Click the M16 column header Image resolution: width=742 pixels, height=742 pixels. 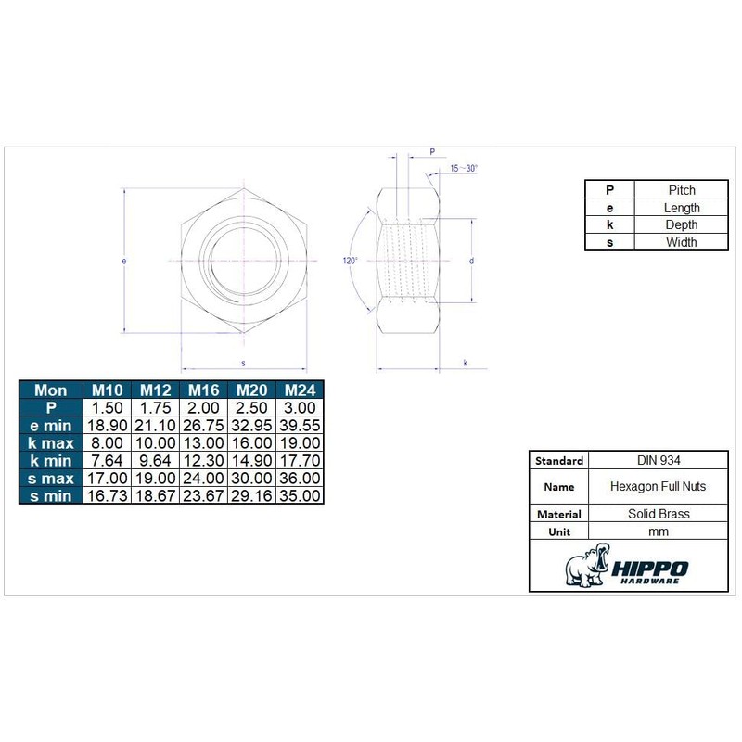(x=203, y=390)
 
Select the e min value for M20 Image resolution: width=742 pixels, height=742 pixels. (x=251, y=426)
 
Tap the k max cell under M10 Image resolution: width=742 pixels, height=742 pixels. (x=107, y=443)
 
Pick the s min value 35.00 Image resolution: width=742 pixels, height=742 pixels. (x=300, y=495)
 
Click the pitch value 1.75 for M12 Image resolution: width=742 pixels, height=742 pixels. (x=155, y=408)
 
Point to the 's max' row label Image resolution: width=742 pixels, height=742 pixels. (x=51, y=479)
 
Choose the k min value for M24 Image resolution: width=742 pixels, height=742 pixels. (x=300, y=460)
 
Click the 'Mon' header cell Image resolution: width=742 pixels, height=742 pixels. (x=51, y=390)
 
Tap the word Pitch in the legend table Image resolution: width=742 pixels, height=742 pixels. (x=682, y=190)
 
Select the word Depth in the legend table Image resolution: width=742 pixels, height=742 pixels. (x=682, y=224)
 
